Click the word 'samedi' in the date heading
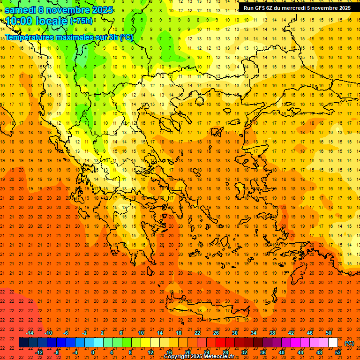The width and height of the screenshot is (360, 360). tap(20, 10)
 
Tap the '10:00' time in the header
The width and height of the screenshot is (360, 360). tap(18, 21)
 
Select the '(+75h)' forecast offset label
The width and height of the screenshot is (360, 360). tap(81, 21)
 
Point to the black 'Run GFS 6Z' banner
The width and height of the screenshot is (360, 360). tap(297, 8)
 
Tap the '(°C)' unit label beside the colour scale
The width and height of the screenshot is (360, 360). tap(349, 343)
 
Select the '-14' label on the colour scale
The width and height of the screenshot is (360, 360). tap(29, 333)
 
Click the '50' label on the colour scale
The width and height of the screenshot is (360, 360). tap(328, 333)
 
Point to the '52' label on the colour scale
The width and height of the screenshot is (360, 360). tap(338, 352)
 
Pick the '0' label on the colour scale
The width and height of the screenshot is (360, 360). tap(93, 352)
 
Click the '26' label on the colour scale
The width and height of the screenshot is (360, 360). tap(216, 333)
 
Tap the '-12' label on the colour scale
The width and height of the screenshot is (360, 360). tap(39, 352)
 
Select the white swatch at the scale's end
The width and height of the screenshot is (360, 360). tap(333, 343)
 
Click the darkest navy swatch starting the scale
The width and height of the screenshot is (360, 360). tap(23, 343)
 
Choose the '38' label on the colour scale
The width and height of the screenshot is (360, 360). tap(272, 333)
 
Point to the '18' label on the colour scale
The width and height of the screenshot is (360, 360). tap(178, 333)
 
